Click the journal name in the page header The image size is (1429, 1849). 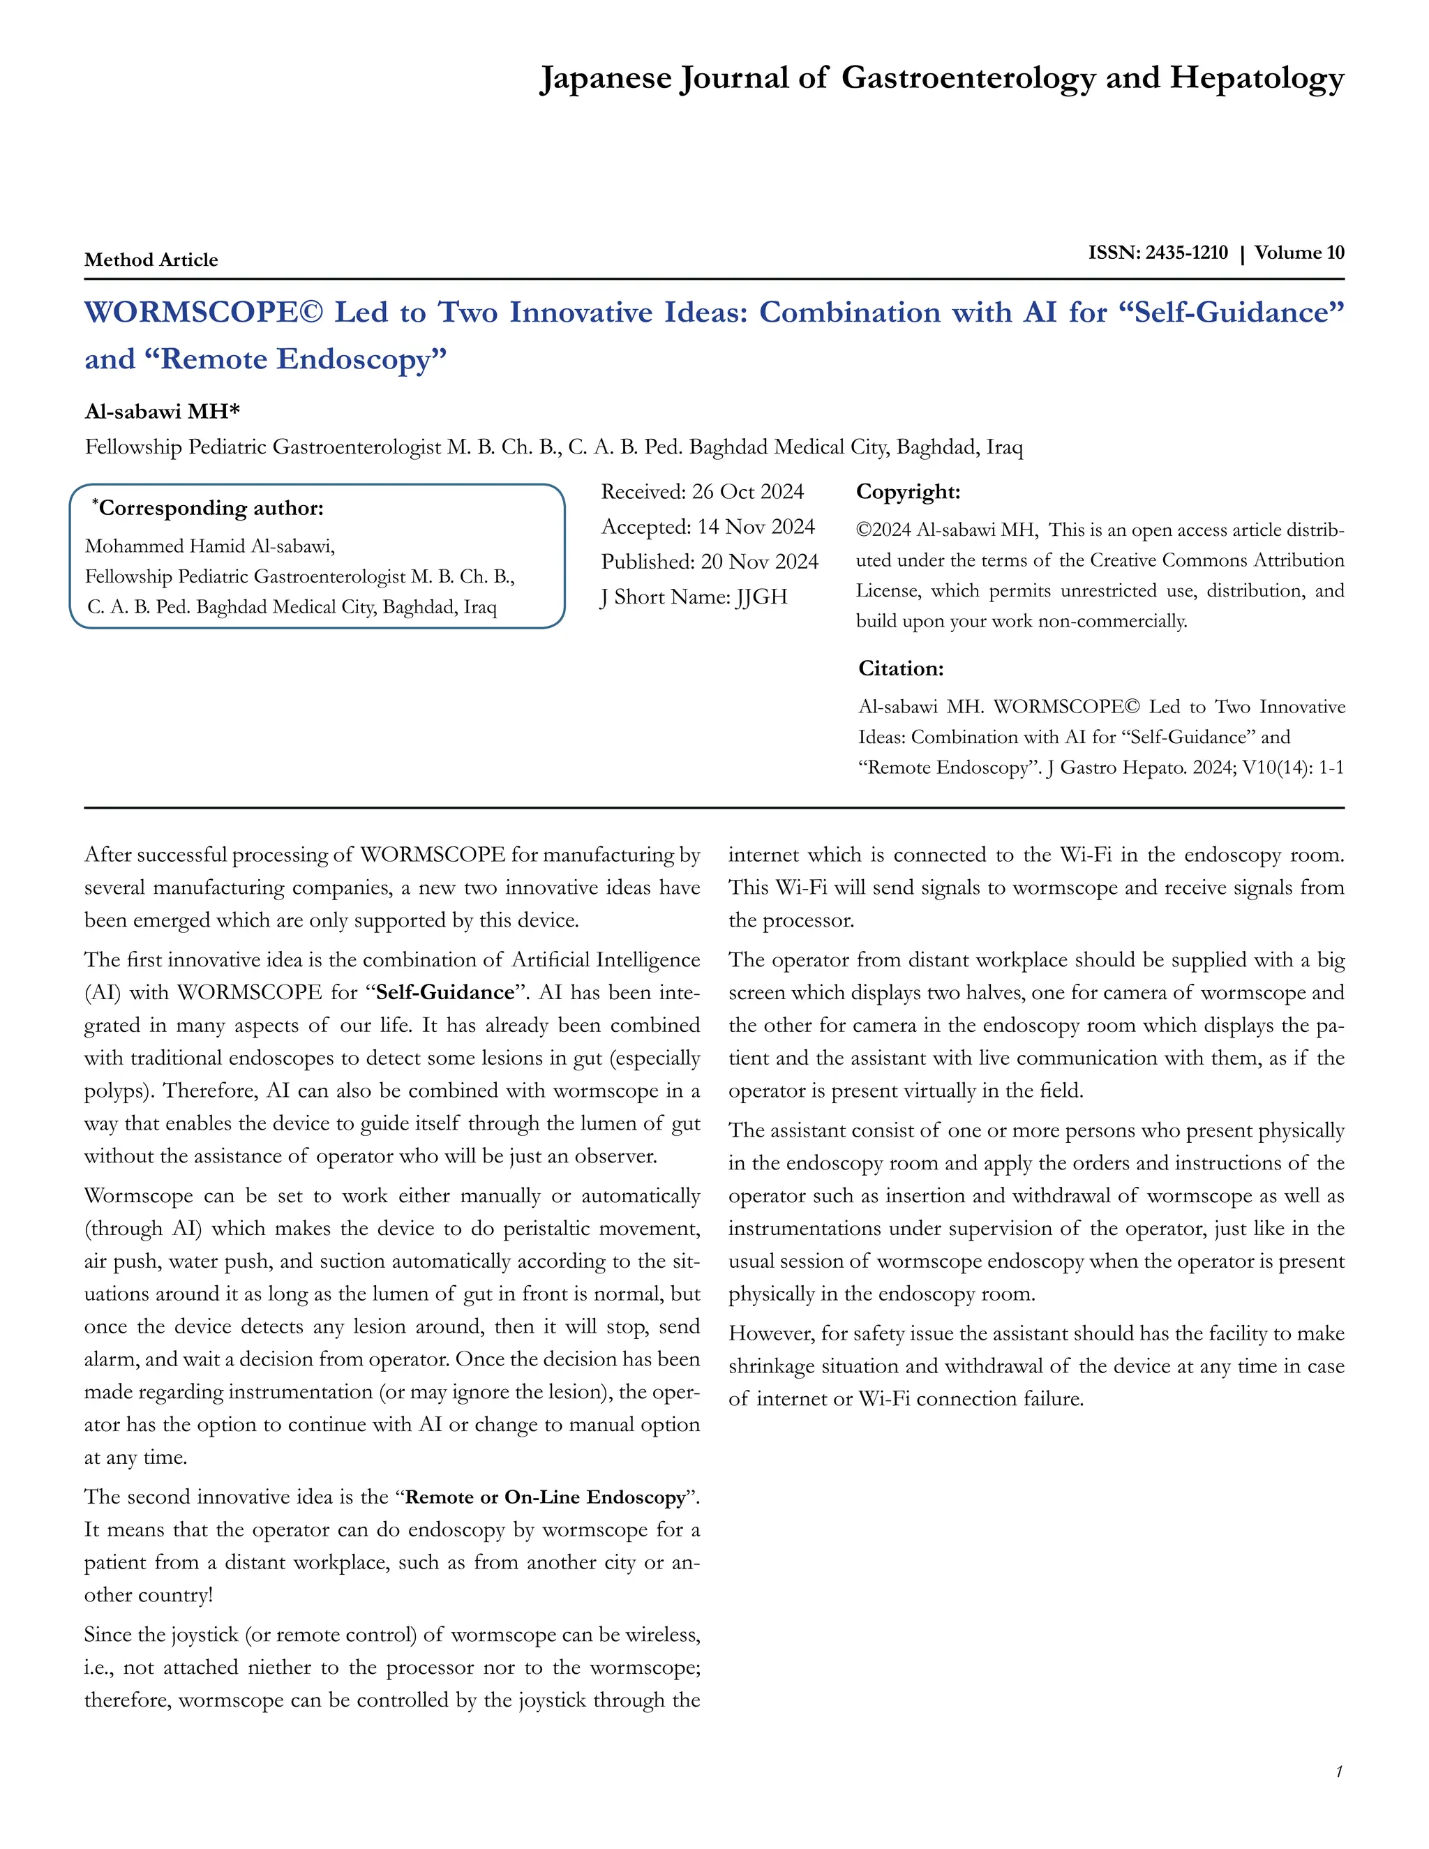[941, 78]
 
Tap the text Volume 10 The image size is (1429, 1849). [1299, 253]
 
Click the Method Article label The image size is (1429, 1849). [151, 260]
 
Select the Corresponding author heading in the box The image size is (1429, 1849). [210, 508]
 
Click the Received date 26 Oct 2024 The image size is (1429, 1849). [747, 492]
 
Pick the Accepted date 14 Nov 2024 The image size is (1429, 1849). [755, 527]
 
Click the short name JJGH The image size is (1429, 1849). [762, 597]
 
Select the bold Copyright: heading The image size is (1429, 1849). [908, 492]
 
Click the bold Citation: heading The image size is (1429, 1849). [901, 669]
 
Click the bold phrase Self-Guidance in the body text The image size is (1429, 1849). [444, 992]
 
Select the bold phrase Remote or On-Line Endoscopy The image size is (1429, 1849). [544, 1497]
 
